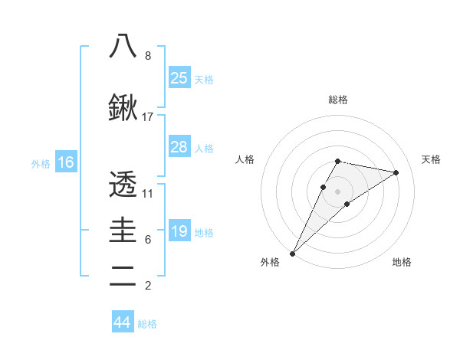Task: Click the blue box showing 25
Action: [x=179, y=77]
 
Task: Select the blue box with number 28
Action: [x=179, y=147]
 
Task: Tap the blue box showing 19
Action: [x=179, y=231]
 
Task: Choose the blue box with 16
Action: [x=65, y=162]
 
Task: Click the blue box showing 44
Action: [x=122, y=322]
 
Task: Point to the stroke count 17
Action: [x=148, y=117]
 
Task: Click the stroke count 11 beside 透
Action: [x=148, y=193]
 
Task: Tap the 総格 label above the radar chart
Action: [x=337, y=100]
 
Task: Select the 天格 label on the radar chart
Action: [x=431, y=159]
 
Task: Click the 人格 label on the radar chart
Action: [x=245, y=159]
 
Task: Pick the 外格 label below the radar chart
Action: [x=270, y=262]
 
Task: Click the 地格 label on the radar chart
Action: [x=402, y=262]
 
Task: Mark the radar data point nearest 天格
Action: [x=396, y=172]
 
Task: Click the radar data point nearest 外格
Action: [x=292, y=253]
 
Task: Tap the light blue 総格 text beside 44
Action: [x=147, y=324]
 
